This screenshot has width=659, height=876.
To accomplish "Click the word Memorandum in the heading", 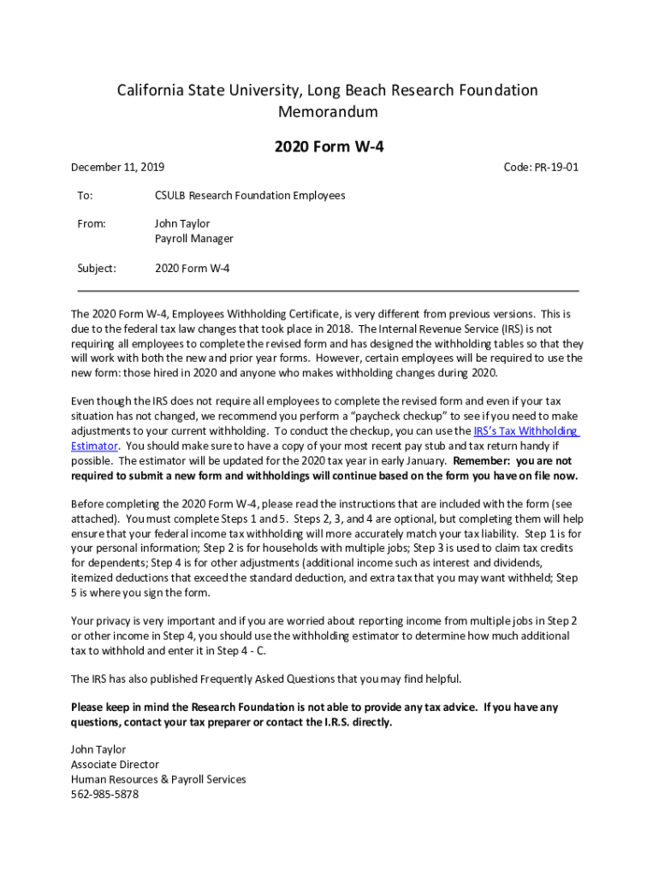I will point(329,112).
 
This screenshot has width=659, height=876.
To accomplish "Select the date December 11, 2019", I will point(117,167).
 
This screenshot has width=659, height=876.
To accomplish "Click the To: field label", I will point(85,195).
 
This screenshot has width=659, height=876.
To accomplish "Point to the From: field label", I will point(92,223).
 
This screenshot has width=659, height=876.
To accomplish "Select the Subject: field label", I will point(97,268).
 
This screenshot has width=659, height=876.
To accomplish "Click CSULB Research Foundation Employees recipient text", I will point(250,195).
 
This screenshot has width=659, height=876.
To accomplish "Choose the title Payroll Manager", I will point(193,239).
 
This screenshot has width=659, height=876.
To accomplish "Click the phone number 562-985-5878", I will point(104,794).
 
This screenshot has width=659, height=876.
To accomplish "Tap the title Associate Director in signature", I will point(115,764).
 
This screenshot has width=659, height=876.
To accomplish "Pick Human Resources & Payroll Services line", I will point(158,779).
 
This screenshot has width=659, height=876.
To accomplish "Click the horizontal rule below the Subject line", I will point(329,291).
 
